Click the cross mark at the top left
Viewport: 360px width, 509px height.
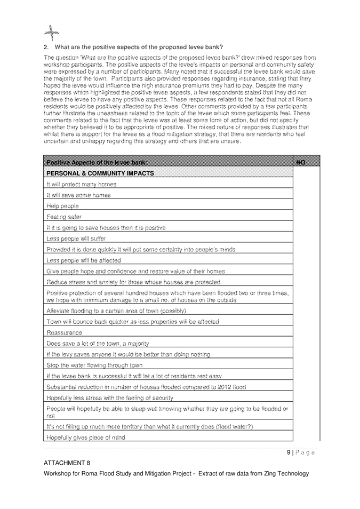point(51,33)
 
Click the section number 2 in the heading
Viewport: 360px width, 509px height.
point(46,47)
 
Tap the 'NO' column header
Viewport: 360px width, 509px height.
point(300,162)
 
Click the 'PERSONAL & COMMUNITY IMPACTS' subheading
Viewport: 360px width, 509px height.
point(100,173)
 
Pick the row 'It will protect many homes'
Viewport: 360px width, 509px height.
point(81,184)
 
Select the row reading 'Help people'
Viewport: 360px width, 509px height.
point(62,206)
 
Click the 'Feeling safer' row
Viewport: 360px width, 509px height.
point(63,217)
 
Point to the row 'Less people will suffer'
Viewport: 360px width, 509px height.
point(76,238)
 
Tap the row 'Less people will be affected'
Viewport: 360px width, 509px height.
point(84,260)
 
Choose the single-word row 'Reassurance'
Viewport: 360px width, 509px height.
point(64,332)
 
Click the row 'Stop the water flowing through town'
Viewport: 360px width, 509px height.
point(94,365)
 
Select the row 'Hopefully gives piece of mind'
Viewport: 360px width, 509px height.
point(86,438)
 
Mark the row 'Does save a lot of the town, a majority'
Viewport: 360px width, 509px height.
point(98,344)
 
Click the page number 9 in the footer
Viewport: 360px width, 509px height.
point(289,452)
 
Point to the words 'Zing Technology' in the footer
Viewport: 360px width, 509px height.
point(285,473)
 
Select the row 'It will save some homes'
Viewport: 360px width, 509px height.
point(78,195)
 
